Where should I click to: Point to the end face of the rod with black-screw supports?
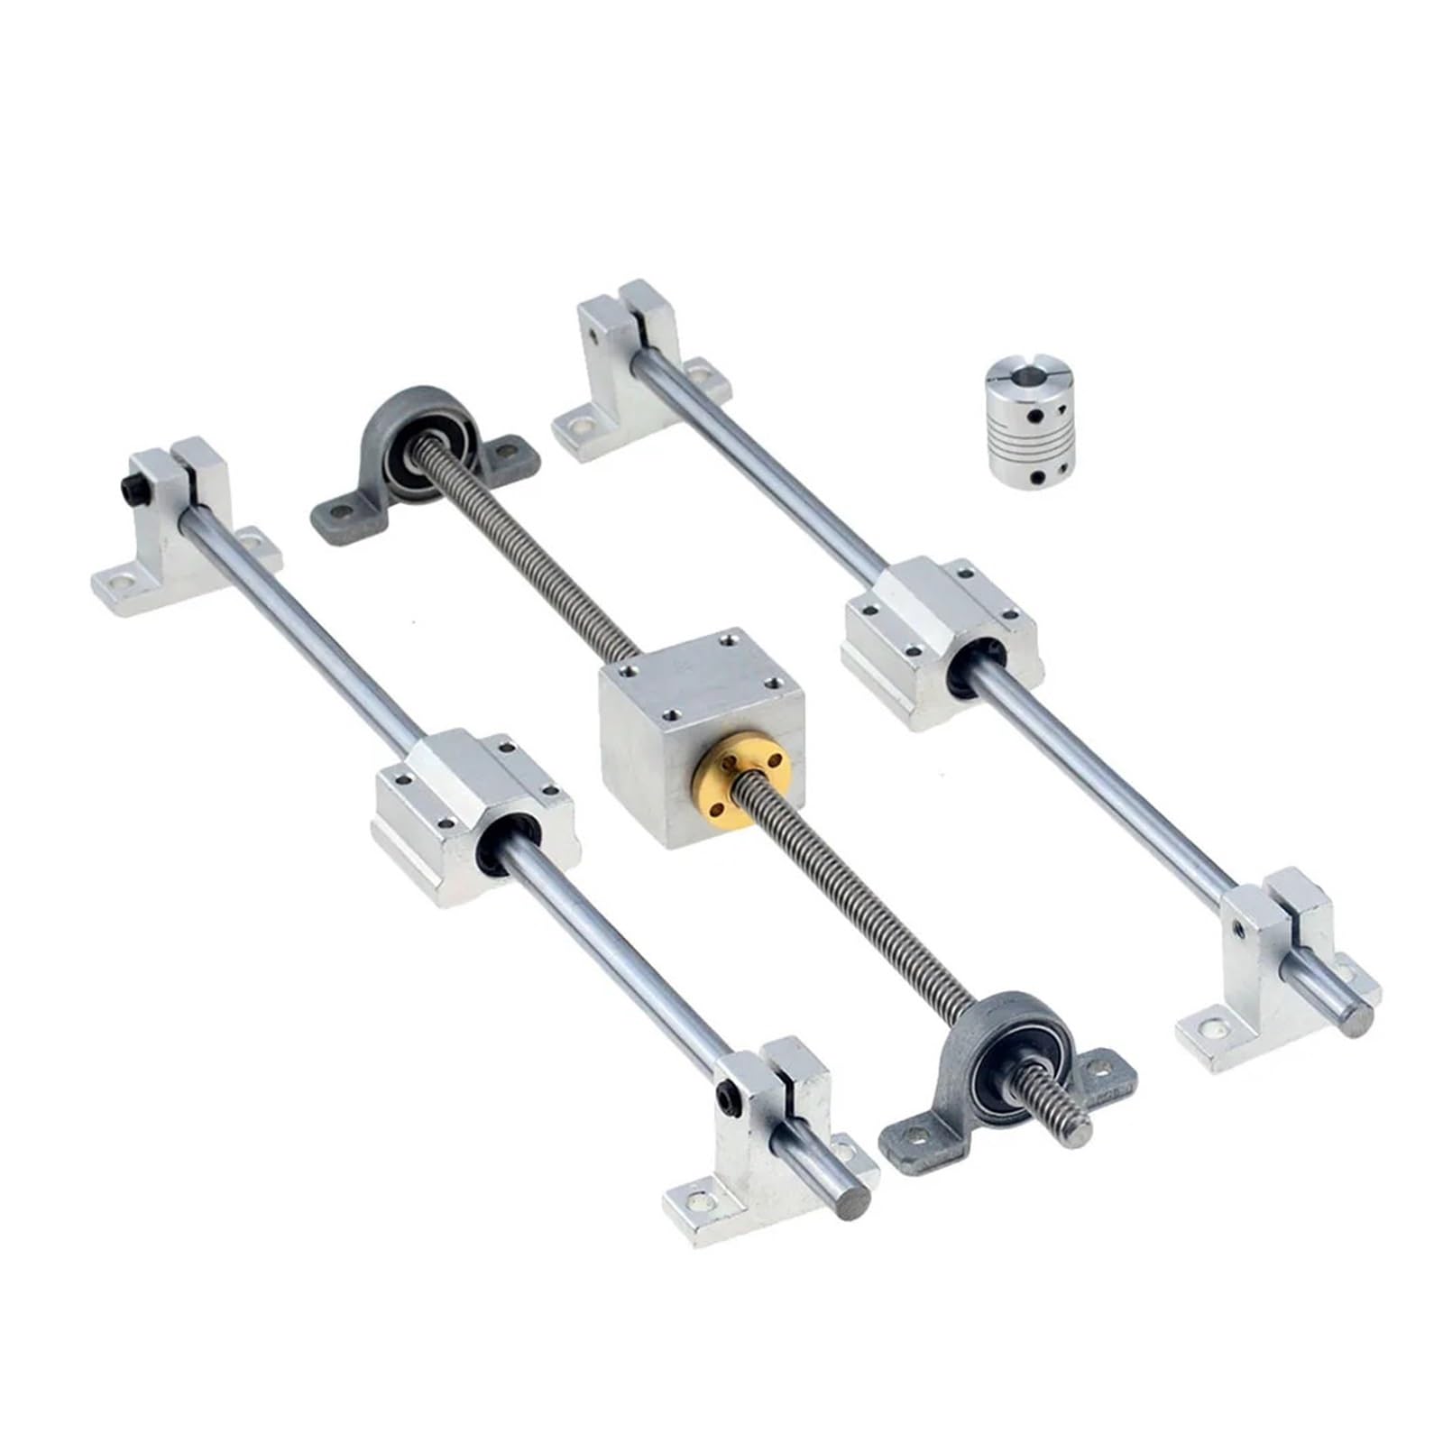[x=854, y=1202]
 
